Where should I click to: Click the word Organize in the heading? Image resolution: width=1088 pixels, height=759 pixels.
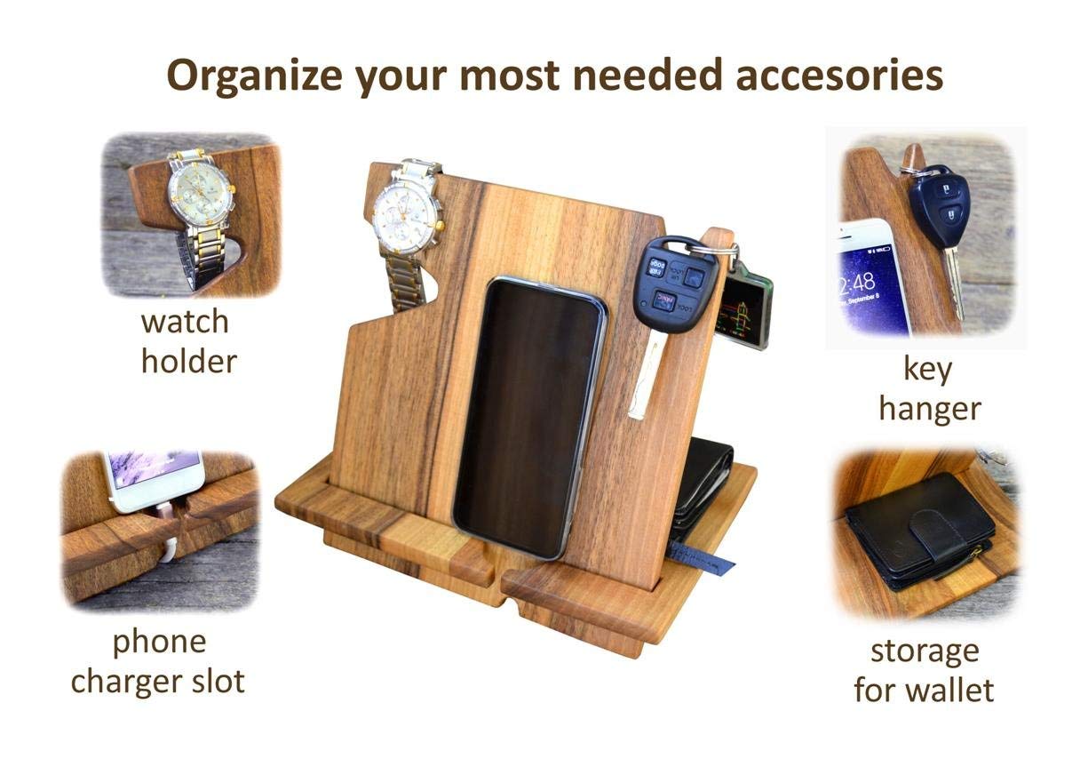click(255, 76)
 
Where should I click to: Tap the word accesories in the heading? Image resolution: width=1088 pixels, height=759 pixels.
click(839, 75)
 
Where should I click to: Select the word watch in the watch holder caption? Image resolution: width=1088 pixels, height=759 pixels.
click(185, 322)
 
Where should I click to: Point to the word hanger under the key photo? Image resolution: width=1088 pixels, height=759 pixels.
click(930, 410)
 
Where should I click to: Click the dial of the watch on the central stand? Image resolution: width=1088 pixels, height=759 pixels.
click(403, 220)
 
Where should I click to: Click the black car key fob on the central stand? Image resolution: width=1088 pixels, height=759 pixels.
click(674, 284)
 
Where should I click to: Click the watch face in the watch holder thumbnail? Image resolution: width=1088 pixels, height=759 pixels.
click(200, 193)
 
